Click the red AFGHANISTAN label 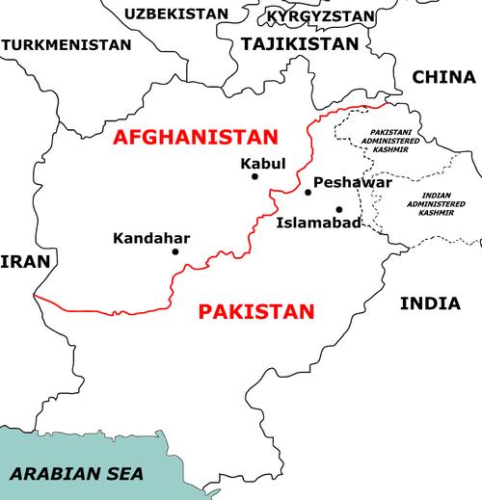click(194, 136)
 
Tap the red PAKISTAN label click(256, 311)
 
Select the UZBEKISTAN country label click(176, 13)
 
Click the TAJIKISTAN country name click(300, 44)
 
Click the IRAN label click(17, 261)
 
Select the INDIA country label click(429, 303)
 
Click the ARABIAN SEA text click(76, 473)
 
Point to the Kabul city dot click(254, 176)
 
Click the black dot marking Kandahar click(175, 252)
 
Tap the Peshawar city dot click(308, 193)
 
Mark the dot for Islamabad click(338, 209)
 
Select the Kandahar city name click(151, 237)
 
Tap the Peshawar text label click(352, 181)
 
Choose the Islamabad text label click(318, 224)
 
